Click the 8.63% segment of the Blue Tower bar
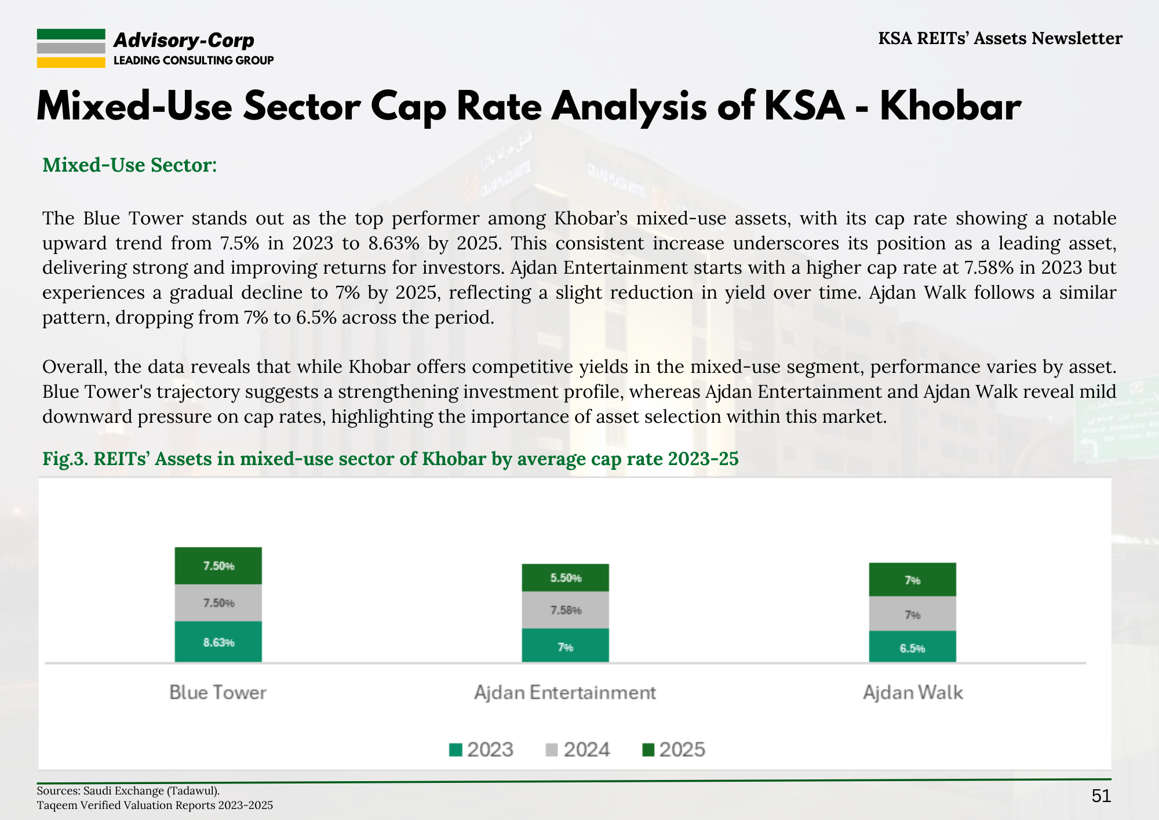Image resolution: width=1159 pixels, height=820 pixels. [218, 641]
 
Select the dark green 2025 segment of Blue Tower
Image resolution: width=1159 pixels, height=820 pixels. [218, 565]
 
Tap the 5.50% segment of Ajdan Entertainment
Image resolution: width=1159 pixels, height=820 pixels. [566, 578]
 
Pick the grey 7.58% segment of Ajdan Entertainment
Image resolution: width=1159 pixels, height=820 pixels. [566, 610]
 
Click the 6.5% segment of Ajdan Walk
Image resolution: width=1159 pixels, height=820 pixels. [913, 647]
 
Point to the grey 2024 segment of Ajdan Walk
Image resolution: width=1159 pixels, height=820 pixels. [913, 614]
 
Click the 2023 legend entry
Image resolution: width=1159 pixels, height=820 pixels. [482, 750]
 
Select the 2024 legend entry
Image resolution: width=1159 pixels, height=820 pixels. [578, 750]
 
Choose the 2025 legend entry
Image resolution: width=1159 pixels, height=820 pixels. [674, 750]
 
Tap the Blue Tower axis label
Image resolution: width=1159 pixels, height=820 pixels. [218, 692]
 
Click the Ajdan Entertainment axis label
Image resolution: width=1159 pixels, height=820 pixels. [565, 692]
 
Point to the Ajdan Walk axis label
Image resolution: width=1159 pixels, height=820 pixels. [913, 692]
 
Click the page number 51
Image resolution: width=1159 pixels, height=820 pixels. [1101, 796]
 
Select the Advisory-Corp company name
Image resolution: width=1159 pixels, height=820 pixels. [184, 40]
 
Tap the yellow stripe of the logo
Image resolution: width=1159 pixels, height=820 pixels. [71, 63]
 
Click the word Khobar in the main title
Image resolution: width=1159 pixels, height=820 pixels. [950, 107]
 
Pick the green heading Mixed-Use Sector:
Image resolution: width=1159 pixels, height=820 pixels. [130, 165]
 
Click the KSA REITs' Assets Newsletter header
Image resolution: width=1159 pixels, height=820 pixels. [1000, 38]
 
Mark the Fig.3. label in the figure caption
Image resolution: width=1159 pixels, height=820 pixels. [65, 459]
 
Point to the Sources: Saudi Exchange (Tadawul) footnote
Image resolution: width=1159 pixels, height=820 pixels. [128, 790]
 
